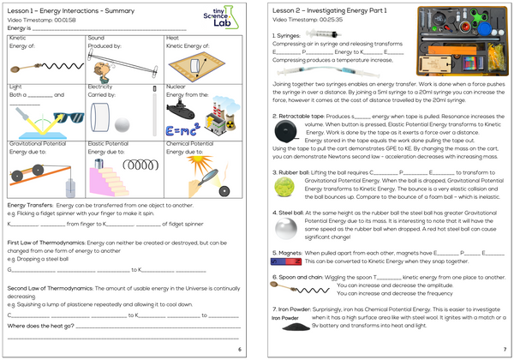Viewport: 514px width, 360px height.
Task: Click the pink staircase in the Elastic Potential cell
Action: point(104,179)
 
